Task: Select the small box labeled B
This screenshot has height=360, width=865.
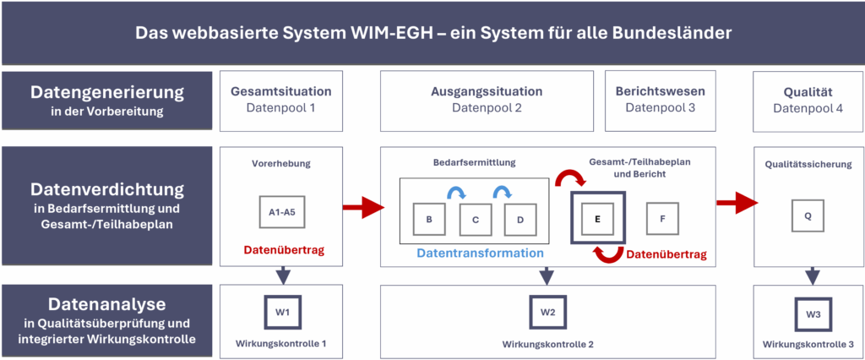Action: (430, 220)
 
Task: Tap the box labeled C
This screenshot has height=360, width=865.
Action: (476, 220)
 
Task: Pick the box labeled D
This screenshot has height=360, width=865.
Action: (520, 220)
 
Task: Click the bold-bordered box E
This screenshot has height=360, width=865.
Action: (597, 217)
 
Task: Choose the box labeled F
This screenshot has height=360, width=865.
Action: (663, 217)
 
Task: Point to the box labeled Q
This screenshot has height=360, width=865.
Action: (808, 215)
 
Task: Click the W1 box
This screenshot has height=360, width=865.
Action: (282, 312)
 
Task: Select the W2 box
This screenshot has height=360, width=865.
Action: (547, 312)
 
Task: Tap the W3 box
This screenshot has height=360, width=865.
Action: (812, 314)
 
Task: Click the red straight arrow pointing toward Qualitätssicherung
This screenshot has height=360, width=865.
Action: (735, 204)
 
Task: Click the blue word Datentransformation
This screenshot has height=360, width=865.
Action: (479, 253)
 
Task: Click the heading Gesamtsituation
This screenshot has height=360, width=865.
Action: (280, 91)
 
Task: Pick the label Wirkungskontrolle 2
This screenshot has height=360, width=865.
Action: (547, 344)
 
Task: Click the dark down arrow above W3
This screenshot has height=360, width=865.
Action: (812, 275)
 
